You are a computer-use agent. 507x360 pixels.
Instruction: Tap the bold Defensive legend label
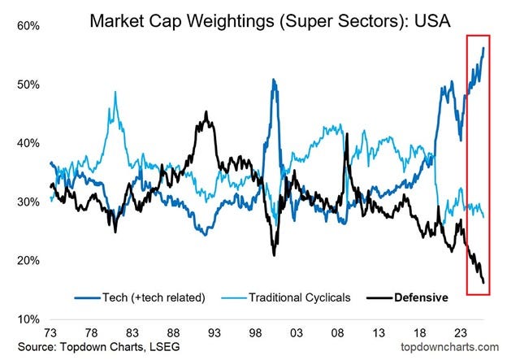(420, 297)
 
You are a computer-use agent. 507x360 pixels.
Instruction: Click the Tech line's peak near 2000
(274, 80)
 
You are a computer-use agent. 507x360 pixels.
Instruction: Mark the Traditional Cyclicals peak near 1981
(115, 92)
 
